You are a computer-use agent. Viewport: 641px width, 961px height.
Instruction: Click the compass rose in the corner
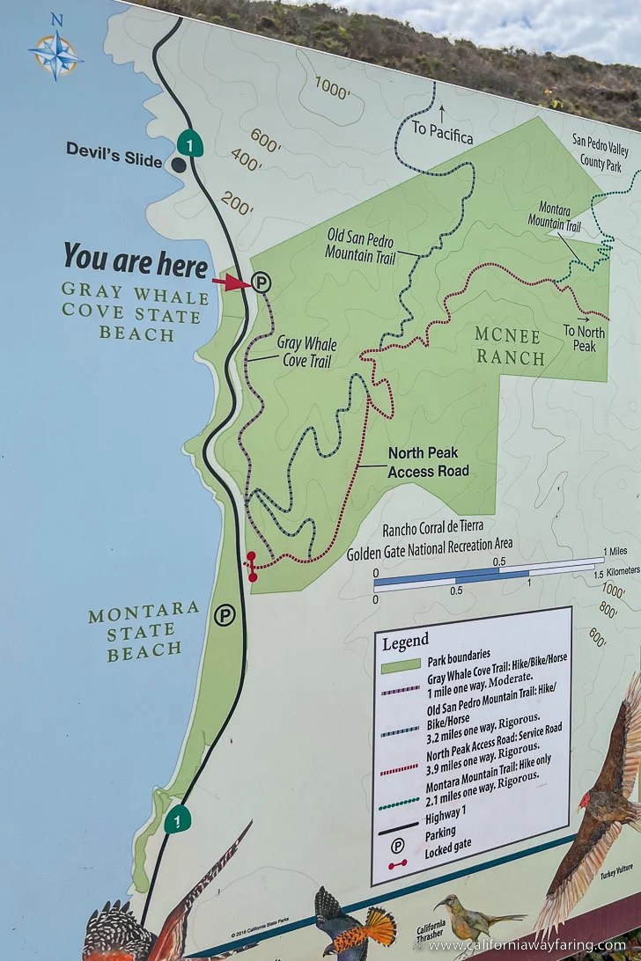[55, 53]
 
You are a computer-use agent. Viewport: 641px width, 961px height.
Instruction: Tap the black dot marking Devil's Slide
[179, 165]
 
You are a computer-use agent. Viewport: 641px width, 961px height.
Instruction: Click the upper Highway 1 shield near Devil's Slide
[189, 143]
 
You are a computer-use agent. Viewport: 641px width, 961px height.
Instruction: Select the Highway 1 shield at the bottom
[178, 819]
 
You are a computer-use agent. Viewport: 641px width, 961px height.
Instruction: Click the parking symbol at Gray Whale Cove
[262, 282]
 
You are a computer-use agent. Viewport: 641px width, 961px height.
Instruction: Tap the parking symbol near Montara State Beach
[225, 615]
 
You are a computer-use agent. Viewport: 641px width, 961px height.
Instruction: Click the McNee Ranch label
[510, 346]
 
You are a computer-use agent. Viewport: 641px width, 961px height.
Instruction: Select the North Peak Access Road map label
[428, 462]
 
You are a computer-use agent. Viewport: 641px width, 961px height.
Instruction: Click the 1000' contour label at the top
[333, 88]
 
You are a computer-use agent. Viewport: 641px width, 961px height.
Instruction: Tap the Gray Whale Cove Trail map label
[306, 351]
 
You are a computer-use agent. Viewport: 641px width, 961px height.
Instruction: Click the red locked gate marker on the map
[252, 566]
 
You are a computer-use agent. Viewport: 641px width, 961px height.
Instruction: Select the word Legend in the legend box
[405, 641]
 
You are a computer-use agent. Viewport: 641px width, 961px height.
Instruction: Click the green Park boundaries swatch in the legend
[401, 666]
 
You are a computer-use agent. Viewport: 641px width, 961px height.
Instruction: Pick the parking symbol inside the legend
[398, 845]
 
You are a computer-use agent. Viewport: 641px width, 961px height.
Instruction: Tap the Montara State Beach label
[144, 631]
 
